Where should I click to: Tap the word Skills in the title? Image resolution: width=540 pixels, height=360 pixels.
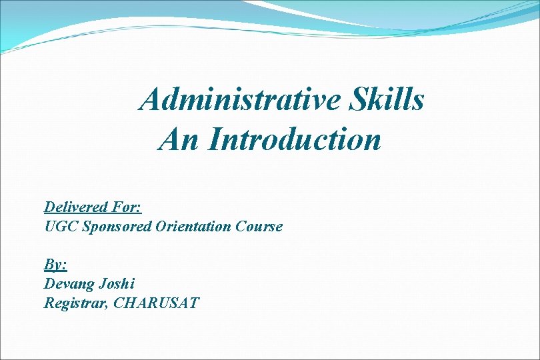click(x=385, y=100)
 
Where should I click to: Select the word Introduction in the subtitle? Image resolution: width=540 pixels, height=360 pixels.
click(x=294, y=139)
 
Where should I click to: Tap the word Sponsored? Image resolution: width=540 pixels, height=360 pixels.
click(x=117, y=227)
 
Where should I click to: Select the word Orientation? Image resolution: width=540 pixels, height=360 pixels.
click(x=193, y=227)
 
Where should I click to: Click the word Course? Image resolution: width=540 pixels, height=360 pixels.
click(x=259, y=227)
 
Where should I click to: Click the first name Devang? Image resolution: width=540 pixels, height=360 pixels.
click(x=69, y=284)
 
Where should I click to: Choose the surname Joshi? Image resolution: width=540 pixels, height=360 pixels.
click(x=117, y=284)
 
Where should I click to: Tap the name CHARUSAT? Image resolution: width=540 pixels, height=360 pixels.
click(x=156, y=303)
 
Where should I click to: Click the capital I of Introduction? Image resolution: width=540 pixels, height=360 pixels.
click(x=213, y=139)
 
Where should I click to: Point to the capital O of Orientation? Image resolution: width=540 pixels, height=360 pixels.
click(x=161, y=227)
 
